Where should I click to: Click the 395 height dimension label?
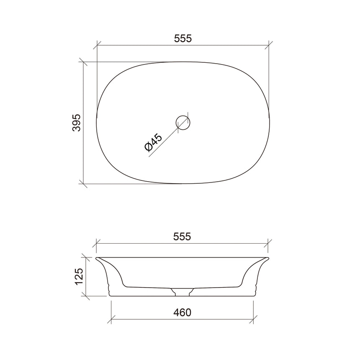76,123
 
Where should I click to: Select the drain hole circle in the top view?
183,123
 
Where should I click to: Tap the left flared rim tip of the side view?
97,258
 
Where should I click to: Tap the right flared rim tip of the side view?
268,258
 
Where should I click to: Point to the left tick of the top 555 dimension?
97,45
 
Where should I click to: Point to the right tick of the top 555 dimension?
268,45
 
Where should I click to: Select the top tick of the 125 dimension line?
87,257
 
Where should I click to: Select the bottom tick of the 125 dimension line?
87,296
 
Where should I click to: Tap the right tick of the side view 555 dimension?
268,243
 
